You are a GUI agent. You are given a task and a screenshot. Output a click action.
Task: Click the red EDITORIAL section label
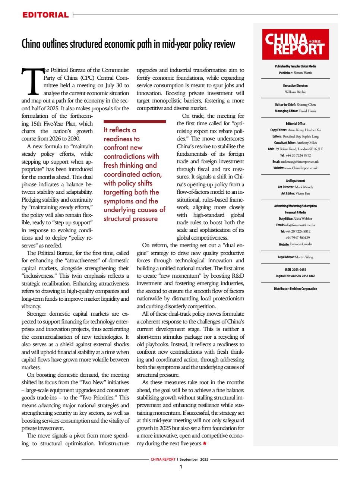tap(45, 15)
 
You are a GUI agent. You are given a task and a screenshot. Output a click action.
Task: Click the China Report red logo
tap(295, 44)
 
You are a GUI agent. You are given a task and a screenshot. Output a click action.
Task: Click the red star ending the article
tap(205, 444)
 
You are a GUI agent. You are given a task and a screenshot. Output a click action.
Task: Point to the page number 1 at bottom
tap(180, 467)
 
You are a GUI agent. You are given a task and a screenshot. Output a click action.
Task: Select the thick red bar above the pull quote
tap(135, 121)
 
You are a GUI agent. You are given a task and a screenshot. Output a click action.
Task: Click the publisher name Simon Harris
tap(303, 73)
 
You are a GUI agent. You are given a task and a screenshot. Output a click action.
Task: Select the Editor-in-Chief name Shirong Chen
tap(306, 105)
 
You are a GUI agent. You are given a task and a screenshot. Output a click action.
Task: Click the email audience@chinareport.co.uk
tap(300, 162)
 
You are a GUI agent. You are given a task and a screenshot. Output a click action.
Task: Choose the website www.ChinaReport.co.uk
tap(300, 168)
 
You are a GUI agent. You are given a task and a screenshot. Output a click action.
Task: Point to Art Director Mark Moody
tap(303, 187)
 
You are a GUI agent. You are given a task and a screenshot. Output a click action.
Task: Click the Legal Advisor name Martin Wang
tap(304, 257)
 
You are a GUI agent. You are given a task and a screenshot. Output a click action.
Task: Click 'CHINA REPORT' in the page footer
tap(163, 459)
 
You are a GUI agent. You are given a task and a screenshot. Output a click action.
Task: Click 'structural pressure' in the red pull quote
tap(130, 219)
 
